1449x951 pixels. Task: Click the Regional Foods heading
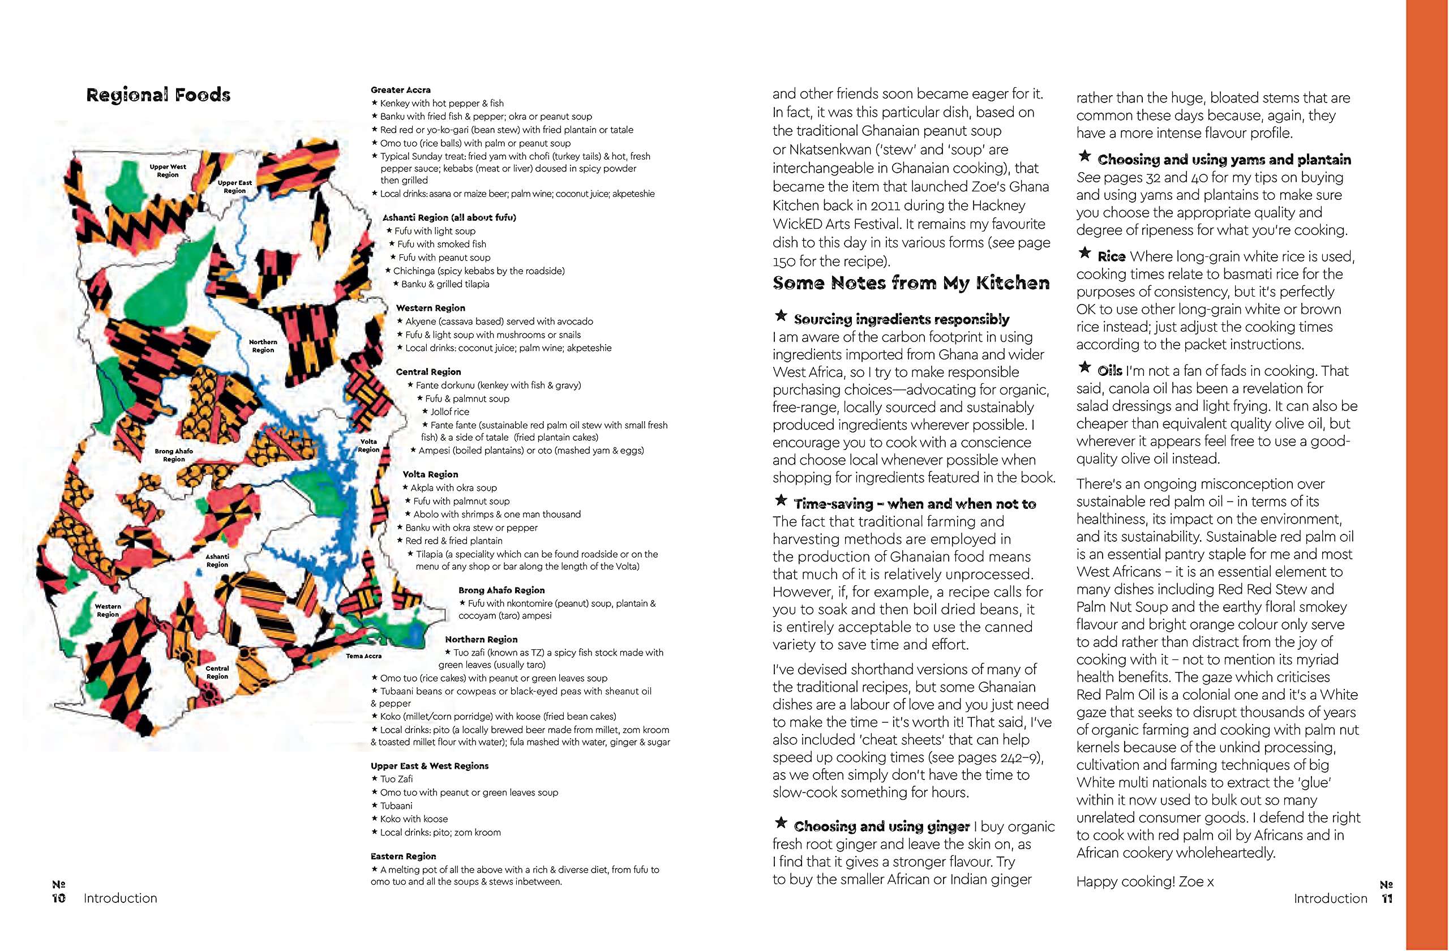click(x=158, y=95)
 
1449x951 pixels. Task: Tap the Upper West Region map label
click(x=168, y=170)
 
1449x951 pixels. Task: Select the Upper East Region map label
click(x=234, y=186)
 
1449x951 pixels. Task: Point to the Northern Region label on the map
click(x=263, y=346)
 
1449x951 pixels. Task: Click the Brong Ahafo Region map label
click(x=174, y=455)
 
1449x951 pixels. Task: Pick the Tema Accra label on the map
click(x=363, y=656)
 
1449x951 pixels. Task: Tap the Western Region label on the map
click(x=108, y=610)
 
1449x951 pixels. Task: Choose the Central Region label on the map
click(x=217, y=672)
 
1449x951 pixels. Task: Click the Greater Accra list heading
click(x=400, y=89)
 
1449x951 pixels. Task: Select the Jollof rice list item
click(x=449, y=412)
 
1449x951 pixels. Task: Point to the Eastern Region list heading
click(x=403, y=856)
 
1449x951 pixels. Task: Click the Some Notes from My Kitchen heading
click(x=911, y=283)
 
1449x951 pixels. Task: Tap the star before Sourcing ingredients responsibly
click(x=781, y=315)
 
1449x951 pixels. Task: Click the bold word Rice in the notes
click(x=1111, y=256)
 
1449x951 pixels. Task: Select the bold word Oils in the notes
click(x=1109, y=371)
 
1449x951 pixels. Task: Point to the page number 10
click(x=58, y=898)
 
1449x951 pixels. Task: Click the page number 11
click(x=1387, y=899)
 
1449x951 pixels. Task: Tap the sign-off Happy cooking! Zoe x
click(x=1144, y=881)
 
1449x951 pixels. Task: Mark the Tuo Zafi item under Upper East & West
click(x=396, y=779)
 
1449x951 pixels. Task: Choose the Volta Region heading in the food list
click(x=430, y=474)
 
